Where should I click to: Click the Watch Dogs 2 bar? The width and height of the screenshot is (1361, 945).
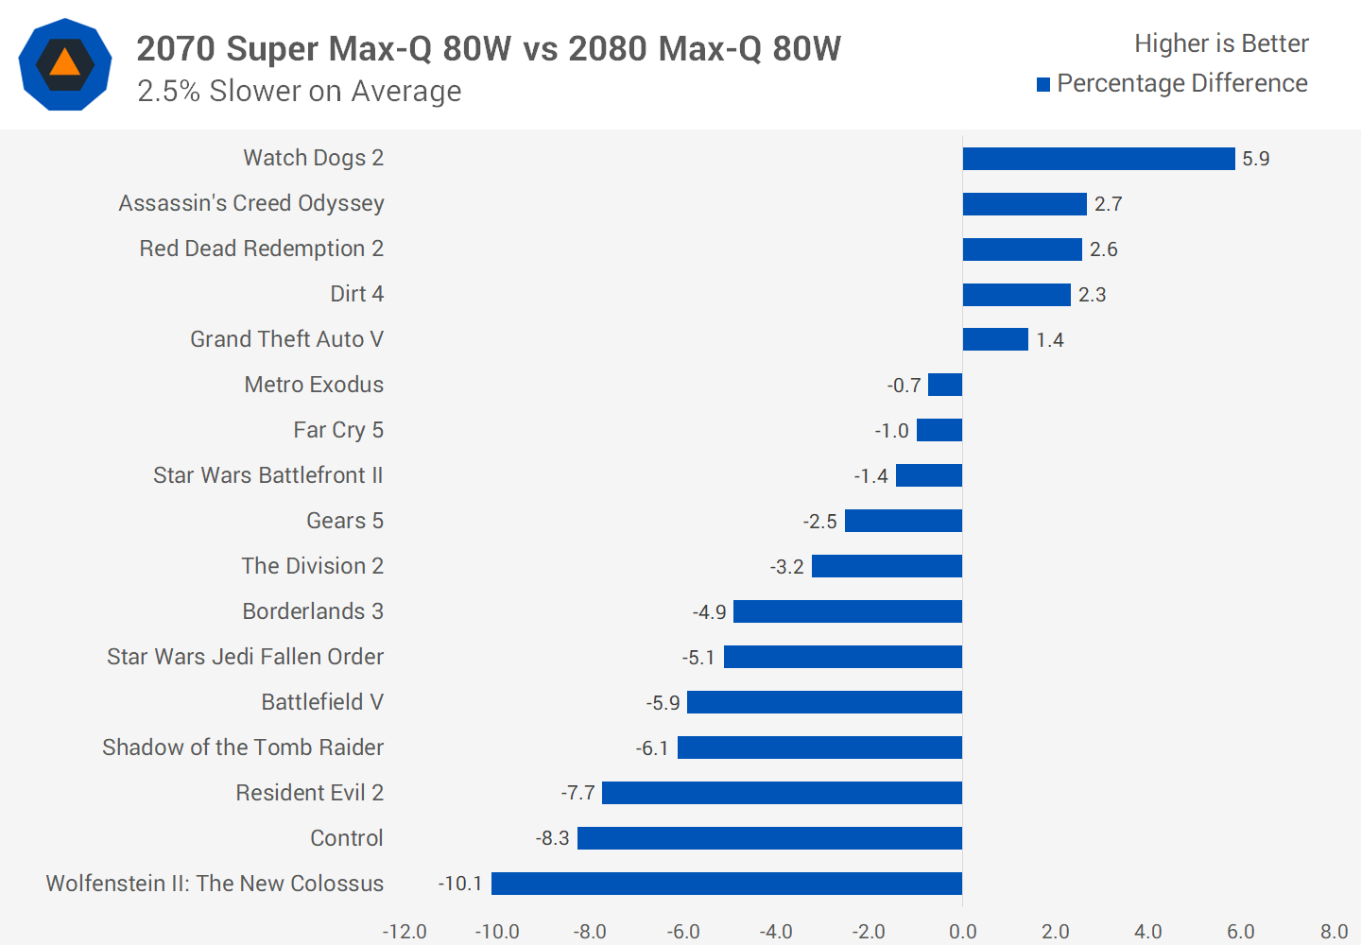[x=1098, y=159]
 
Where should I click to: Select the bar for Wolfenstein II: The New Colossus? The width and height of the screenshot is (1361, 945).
[x=727, y=884]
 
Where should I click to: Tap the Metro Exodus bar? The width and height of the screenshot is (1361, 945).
[x=945, y=385]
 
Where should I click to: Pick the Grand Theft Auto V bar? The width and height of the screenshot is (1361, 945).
[x=995, y=339]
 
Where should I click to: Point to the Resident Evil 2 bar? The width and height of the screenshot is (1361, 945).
[x=782, y=793]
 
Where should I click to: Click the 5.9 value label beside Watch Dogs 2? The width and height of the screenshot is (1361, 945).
[x=1255, y=159]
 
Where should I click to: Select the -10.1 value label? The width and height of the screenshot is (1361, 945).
[x=460, y=884]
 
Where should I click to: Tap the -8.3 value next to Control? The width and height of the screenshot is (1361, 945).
[x=552, y=838]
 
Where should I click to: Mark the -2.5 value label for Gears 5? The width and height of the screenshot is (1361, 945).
[x=819, y=522]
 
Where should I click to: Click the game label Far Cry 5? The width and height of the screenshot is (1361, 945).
[x=337, y=430]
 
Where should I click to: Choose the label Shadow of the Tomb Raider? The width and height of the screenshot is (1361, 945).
[x=243, y=747]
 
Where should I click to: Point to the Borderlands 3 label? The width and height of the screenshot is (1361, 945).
[x=313, y=611]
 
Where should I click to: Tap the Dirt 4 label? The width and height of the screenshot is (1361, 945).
[x=356, y=294]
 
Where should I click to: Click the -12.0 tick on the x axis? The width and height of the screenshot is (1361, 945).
[x=405, y=932]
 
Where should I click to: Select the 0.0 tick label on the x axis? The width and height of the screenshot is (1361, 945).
[x=962, y=932]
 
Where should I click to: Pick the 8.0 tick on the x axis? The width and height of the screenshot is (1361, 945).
[x=1334, y=932]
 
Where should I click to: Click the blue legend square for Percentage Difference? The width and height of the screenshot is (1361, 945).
[x=1043, y=85]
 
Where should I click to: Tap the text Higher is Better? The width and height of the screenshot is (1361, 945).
[x=1221, y=43]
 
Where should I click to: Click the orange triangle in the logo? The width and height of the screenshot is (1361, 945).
[x=64, y=63]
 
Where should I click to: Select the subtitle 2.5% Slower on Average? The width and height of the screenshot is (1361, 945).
[x=299, y=92]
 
